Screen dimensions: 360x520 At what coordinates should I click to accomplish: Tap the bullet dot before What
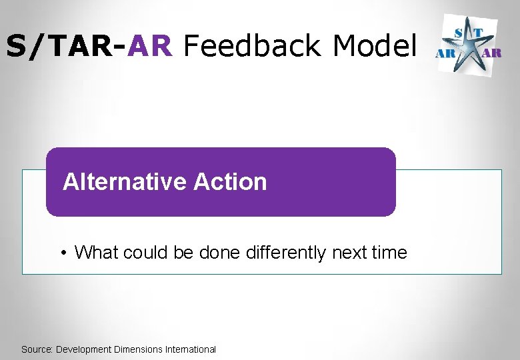tap(62, 253)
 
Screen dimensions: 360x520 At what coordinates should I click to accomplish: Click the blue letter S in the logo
tap(460, 32)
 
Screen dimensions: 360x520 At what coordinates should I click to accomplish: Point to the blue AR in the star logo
tap(445, 53)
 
